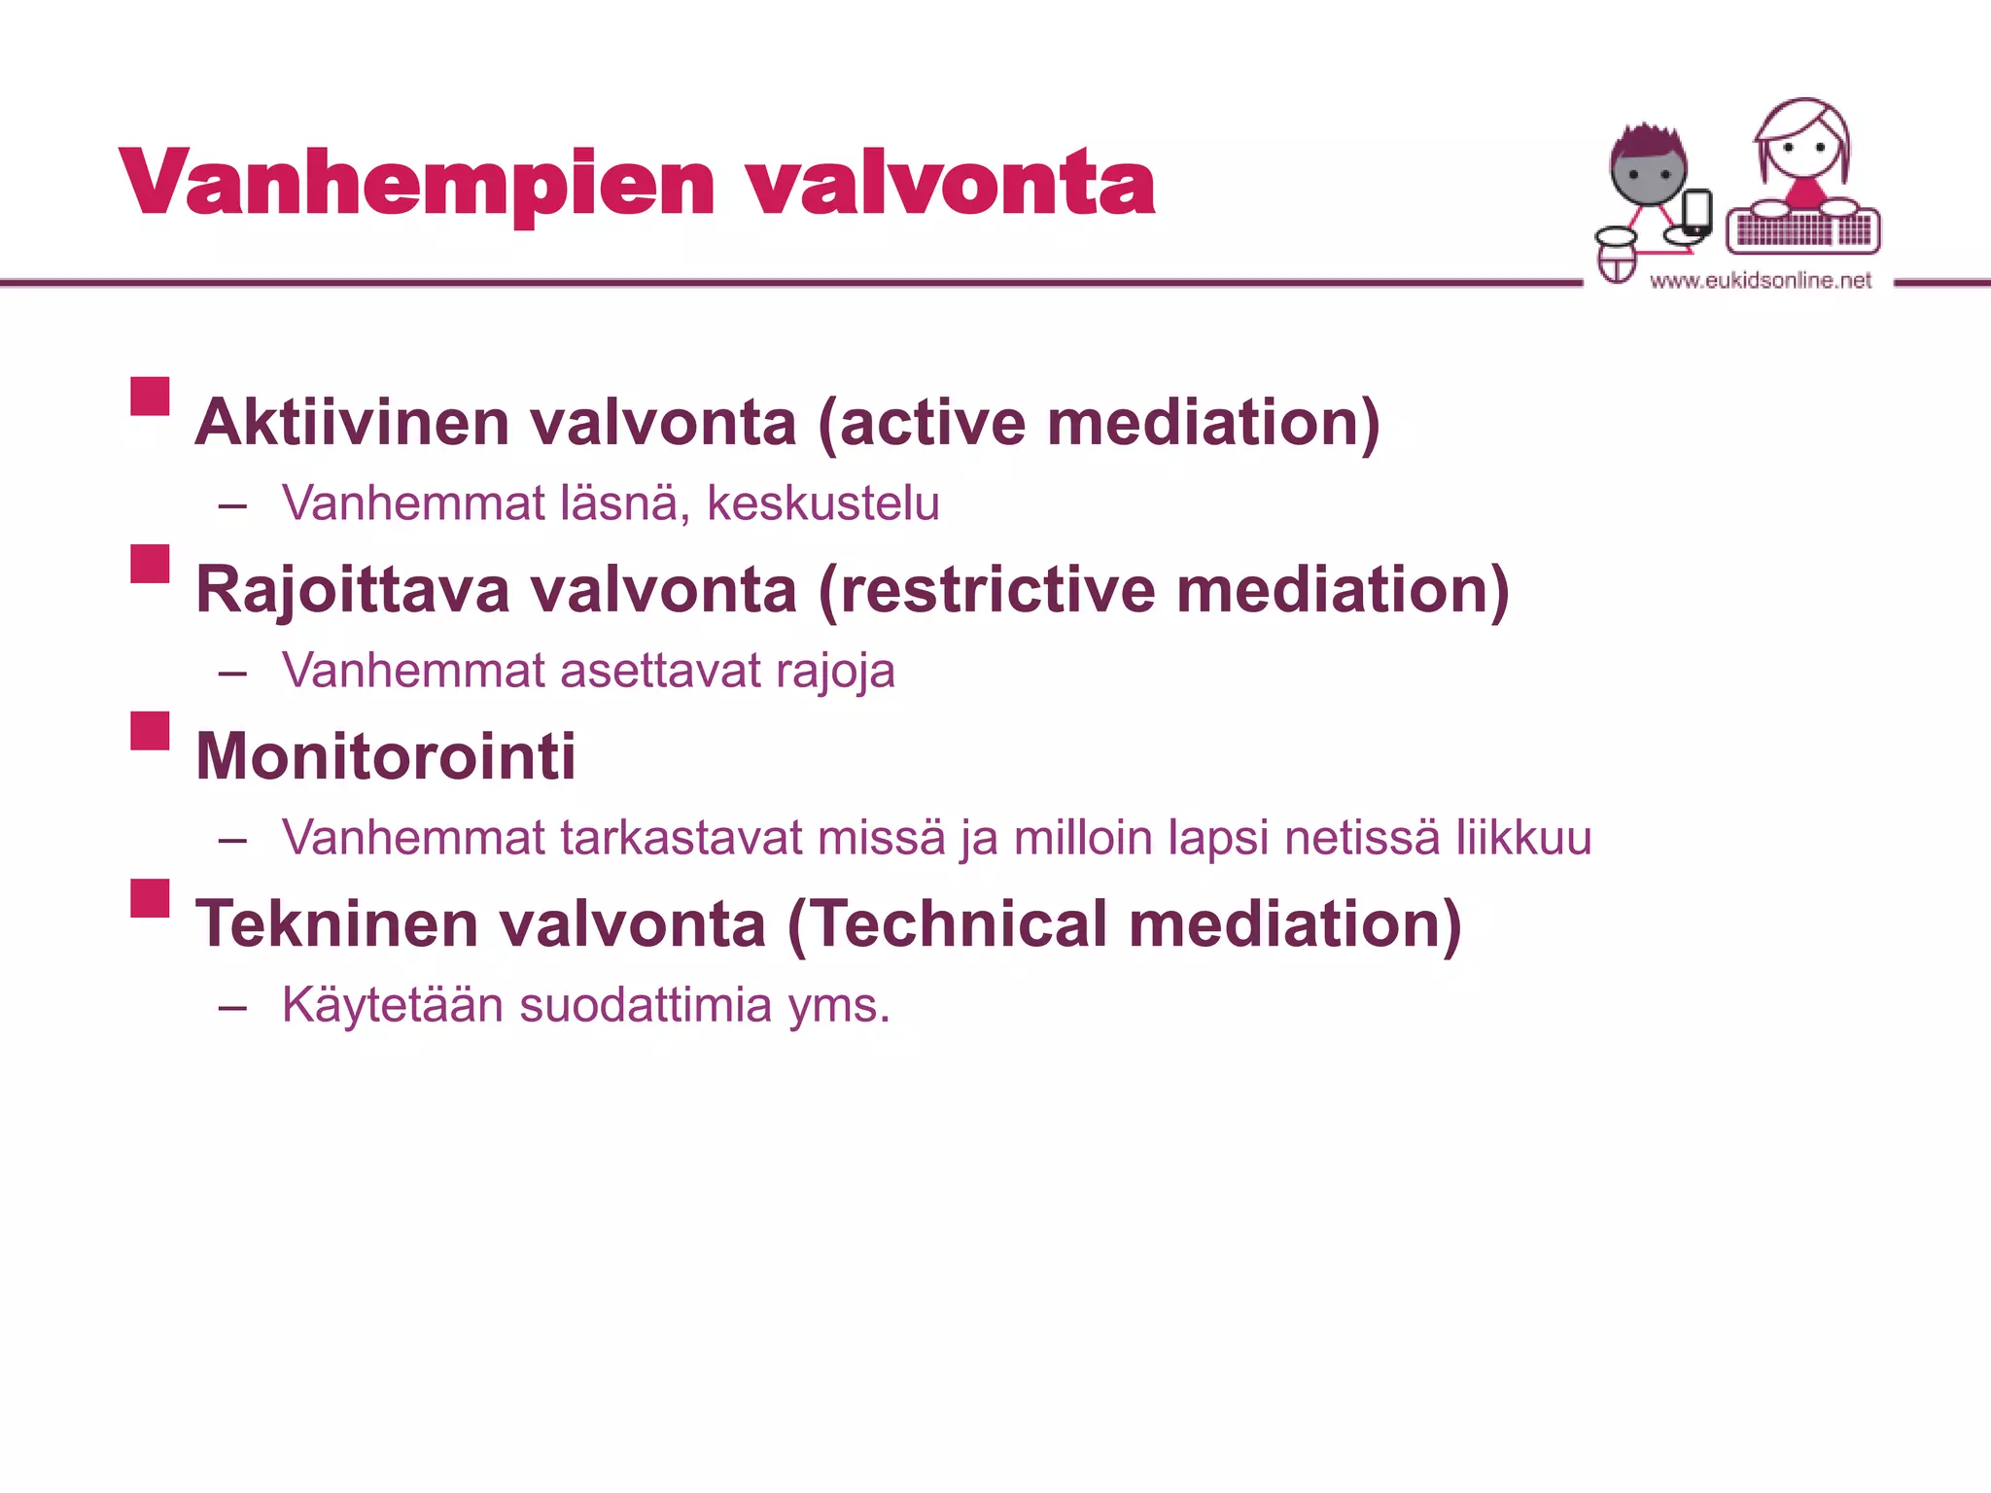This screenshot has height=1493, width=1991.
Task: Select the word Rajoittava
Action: (352, 590)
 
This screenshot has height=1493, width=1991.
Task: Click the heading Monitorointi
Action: (386, 756)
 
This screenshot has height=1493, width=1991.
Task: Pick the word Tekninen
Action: (336, 923)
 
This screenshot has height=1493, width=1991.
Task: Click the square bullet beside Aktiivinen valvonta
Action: (151, 397)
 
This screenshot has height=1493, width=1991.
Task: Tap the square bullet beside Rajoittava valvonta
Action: (151, 564)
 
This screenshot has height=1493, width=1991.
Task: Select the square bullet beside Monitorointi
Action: (151, 731)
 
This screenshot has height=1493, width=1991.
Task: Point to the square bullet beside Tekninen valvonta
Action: (151, 898)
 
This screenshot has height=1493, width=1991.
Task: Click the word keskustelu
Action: (822, 503)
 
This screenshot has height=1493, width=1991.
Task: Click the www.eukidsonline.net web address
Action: (1761, 281)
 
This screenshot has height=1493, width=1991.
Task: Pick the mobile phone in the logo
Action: (1696, 212)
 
